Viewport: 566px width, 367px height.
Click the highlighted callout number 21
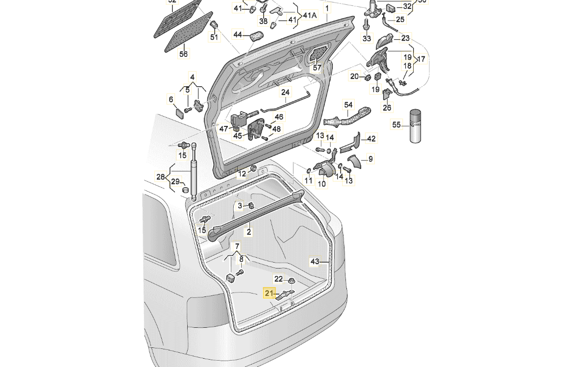[x=269, y=293]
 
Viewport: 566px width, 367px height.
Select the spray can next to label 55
[x=416, y=126]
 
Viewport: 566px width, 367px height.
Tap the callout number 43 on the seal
[x=315, y=262]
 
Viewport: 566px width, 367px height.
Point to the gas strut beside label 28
[x=194, y=171]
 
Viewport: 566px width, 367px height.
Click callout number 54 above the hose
[x=348, y=105]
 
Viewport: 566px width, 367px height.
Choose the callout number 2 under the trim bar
[x=249, y=232]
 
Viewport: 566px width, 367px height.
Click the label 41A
[x=310, y=15]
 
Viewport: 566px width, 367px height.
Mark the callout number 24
[x=285, y=92]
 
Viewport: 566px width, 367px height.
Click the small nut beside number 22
[x=291, y=281]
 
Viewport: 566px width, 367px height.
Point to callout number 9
[x=370, y=159]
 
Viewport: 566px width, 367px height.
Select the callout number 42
[x=371, y=139]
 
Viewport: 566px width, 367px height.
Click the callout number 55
[x=396, y=125]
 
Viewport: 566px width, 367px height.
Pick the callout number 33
[x=367, y=38]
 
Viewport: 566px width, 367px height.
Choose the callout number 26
[x=387, y=108]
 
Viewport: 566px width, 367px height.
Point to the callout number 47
[x=223, y=129]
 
